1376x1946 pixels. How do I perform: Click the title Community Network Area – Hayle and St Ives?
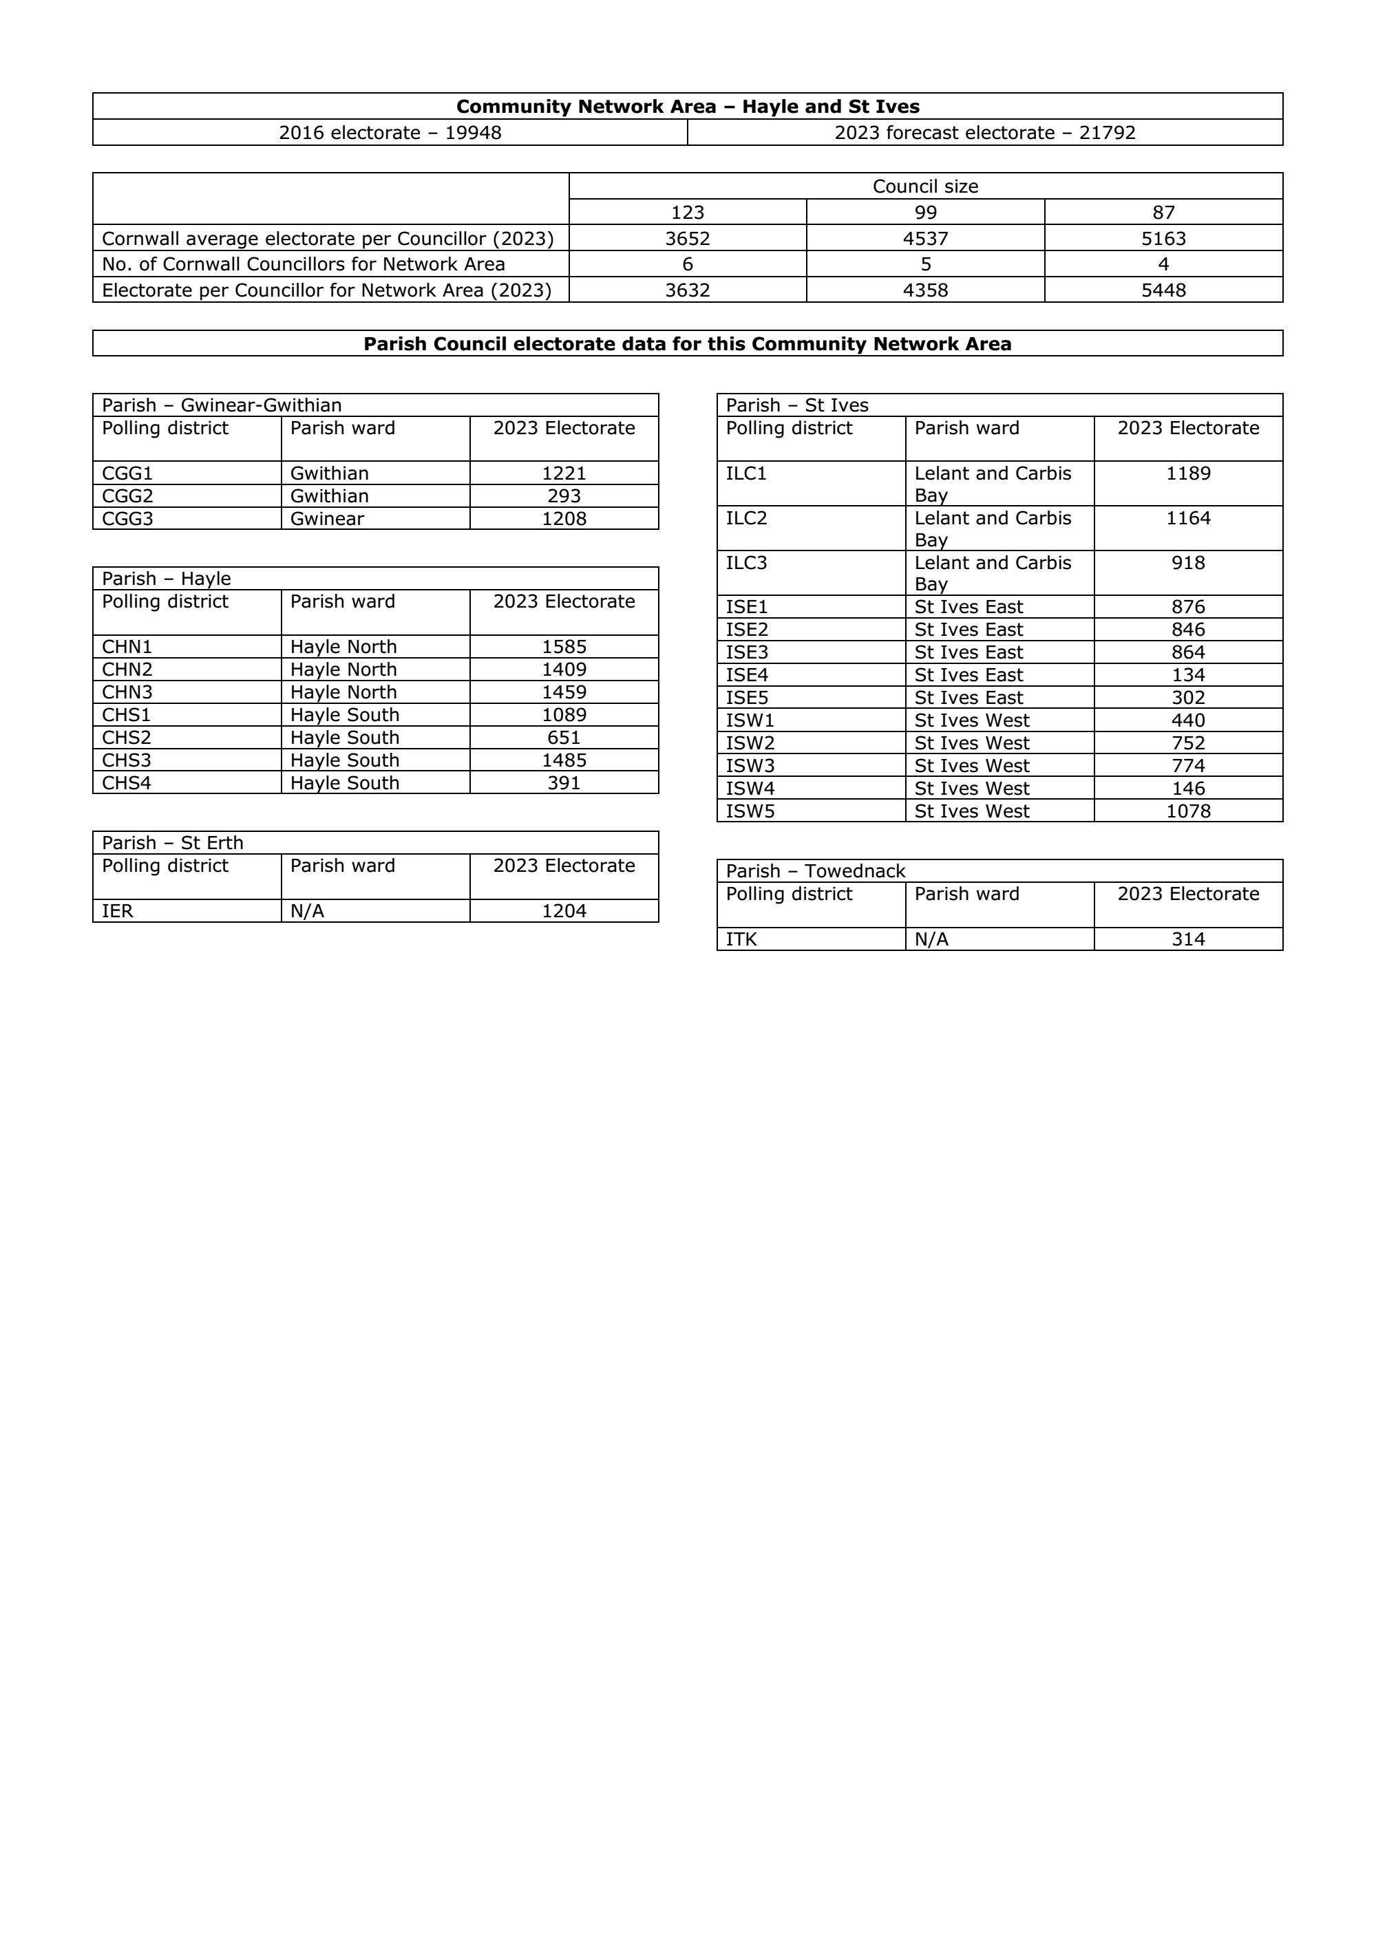pos(688,107)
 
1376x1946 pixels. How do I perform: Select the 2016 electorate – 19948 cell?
pos(390,133)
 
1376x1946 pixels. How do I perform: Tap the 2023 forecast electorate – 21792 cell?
pos(984,133)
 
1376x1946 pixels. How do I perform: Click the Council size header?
pos(925,186)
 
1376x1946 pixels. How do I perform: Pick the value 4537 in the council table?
pos(925,239)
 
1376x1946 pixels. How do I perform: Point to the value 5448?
pos(1163,290)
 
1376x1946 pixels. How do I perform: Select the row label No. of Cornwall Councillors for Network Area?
pos(304,264)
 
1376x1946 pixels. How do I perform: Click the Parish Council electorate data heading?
pos(688,344)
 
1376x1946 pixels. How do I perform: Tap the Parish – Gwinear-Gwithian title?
pos(222,405)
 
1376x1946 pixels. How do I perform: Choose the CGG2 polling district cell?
pos(127,497)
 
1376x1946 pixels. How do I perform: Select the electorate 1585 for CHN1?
pos(564,647)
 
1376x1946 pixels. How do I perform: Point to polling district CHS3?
pos(127,760)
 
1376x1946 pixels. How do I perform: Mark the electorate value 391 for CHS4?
pos(564,783)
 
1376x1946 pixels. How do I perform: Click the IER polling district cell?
pos(117,911)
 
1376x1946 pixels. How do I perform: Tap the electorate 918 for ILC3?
pos(1188,563)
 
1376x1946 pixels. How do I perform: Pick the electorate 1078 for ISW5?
pos(1188,811)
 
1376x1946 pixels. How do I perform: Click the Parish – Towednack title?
pos(816,871)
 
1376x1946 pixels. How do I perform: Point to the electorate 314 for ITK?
pos(1188,939)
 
